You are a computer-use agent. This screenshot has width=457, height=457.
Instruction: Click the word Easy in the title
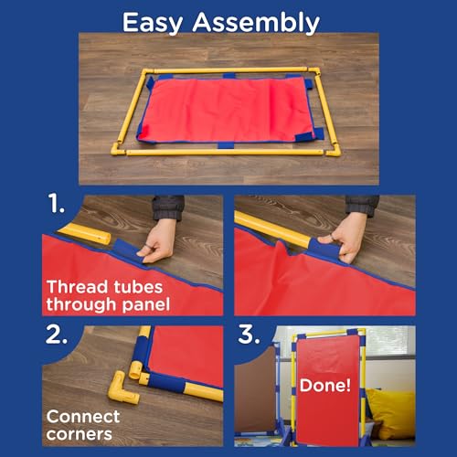(153, 23)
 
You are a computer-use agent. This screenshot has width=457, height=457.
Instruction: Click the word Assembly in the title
(256, 23)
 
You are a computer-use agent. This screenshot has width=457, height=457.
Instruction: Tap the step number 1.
(56, 204)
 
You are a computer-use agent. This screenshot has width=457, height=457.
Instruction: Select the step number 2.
(57, 335)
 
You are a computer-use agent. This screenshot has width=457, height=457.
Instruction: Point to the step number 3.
(249, 335)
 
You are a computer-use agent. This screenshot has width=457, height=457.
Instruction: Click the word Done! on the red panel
(325, 386)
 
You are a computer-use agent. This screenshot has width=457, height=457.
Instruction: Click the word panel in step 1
(145, 304)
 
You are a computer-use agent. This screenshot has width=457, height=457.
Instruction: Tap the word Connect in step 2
(83, 417)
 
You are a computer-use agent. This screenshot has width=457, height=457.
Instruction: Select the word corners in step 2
(80, 434)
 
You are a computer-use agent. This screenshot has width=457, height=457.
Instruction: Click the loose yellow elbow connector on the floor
(122, 388)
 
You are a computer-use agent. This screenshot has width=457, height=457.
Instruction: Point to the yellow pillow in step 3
(391, 413)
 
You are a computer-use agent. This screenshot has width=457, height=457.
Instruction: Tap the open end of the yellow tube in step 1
(106, 239)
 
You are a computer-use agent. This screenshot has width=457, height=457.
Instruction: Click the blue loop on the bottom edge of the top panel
(226, 144)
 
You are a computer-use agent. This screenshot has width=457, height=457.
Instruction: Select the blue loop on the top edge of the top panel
(229, 76)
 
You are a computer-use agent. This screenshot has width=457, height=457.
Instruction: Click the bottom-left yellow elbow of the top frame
(118, 148)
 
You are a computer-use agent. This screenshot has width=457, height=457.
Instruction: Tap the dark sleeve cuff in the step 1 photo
(168, 207)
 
